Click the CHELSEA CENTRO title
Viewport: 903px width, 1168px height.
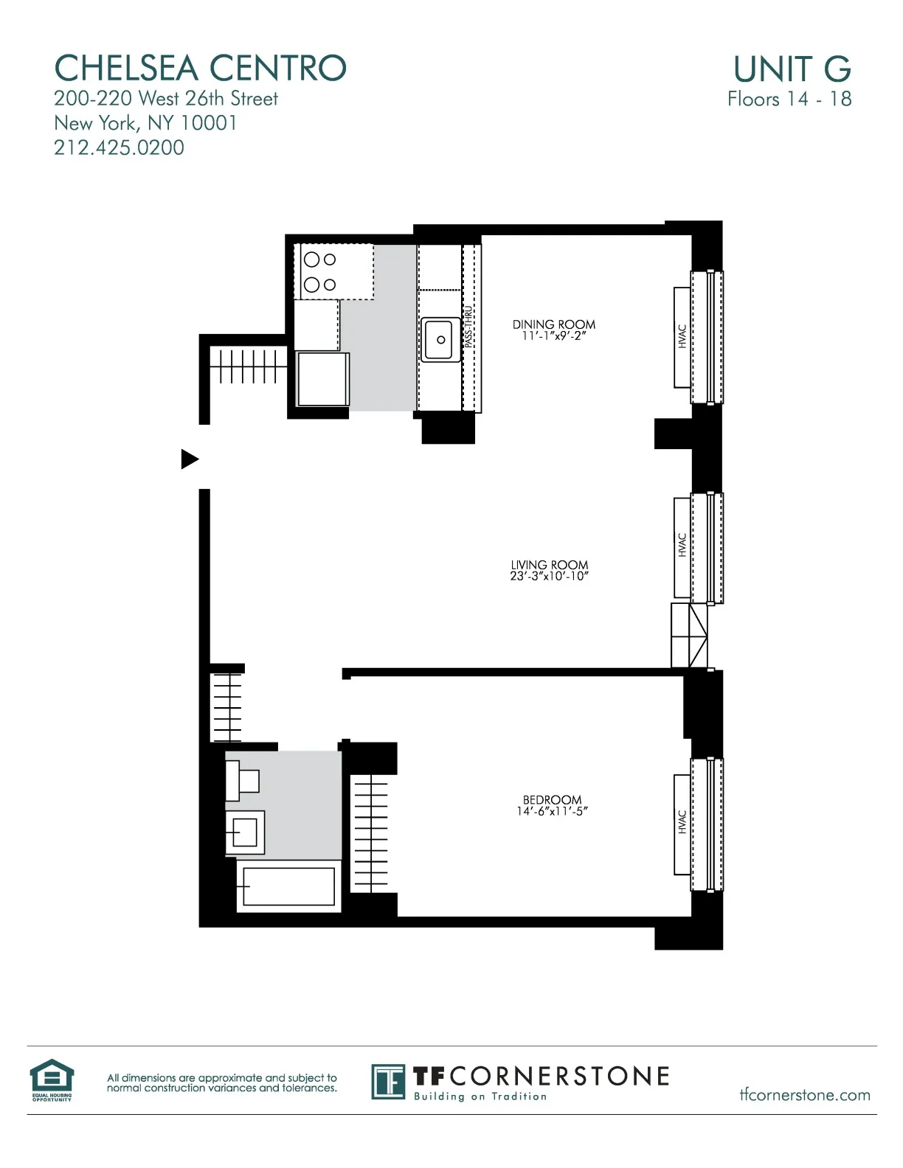pyautogui.click(x=200, y=69)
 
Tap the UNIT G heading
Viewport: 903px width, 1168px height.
pyautogui.click(x=792, y=69)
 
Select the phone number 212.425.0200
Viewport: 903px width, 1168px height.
pyautogui.click(x=119, y=147)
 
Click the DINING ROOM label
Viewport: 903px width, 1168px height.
pyautogui.click(x=553, y=324)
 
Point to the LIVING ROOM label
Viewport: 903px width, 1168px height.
pyautogui.click(x=549, y=565)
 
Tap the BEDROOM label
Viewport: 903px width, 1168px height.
pyautogui.click(x=552, y=800)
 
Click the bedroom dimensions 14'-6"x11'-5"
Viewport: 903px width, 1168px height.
pyautogui.click(x=552, y=812)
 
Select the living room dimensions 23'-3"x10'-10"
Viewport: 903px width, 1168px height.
pyautogui.click(x=549, y=577)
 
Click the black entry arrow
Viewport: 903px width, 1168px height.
pyautogui.click(x=190, y=459)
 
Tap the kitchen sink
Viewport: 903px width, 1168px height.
pyautogui.click(x=439, y=339)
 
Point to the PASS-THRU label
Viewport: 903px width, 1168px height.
pyautogui.click(x=468, y=327)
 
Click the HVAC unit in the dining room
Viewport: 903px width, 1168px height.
pyautogui.click(x=682, y=336)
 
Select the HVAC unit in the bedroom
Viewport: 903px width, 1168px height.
pyautogui.click(x=682, y=823)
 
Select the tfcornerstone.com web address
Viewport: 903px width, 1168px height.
pyautogui.click(x=805, y=1095)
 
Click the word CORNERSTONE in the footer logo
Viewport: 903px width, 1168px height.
pyautogui.click(x=559, y=1077)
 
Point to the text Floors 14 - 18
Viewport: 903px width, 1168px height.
pyautogui.click(x=789, y=99)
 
